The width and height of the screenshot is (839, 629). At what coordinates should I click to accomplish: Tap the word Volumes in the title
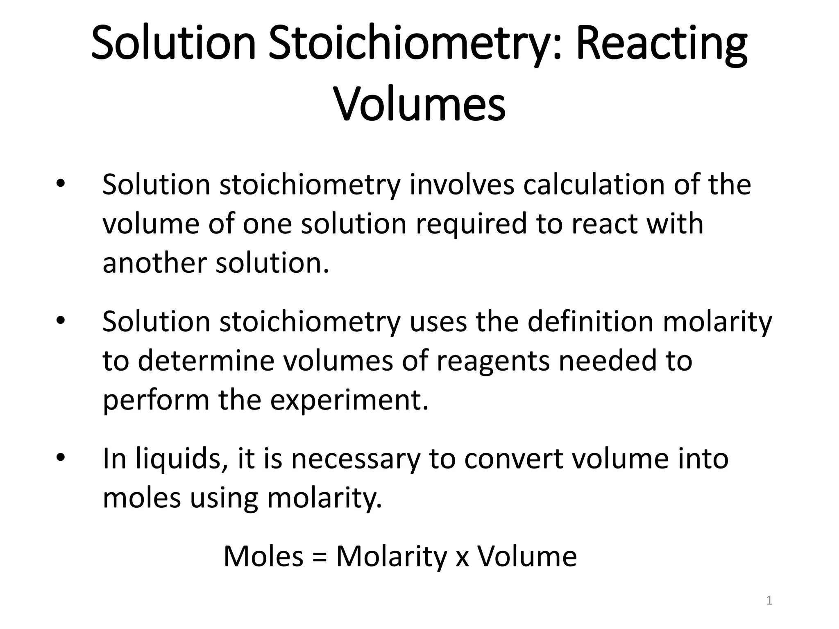click(420, 104)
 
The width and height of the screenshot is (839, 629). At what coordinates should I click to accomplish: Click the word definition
click(590, 321)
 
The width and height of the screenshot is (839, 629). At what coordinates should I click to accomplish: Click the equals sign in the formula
click(320, 557)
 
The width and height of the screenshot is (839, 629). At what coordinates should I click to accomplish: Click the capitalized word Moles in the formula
click(263, 557)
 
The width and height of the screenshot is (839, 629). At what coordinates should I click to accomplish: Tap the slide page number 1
click(769, 601)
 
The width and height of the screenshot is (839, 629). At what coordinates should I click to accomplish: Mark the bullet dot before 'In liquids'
click(60, 458)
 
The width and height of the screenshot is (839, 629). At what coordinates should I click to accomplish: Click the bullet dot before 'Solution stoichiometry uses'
click(60, 321)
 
